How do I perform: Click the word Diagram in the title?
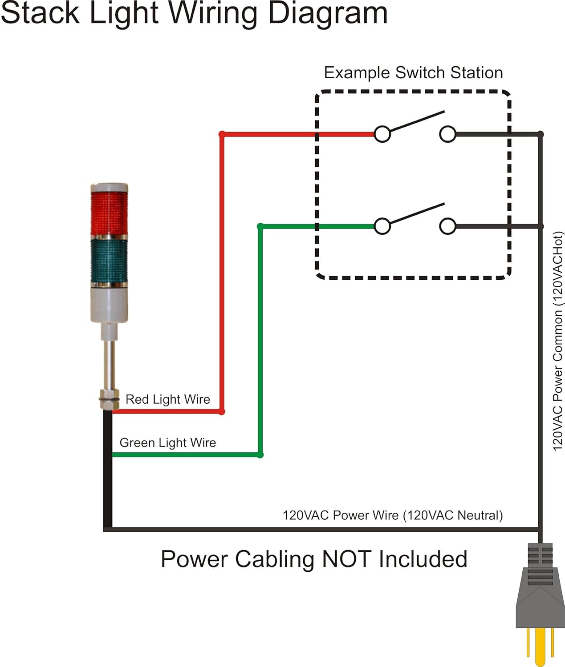(328, 13)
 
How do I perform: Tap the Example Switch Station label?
(413, 72)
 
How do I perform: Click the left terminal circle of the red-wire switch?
(382, 134)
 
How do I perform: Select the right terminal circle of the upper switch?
(447, 134)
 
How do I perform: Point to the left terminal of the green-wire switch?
(382, 226)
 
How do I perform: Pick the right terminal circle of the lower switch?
(447, 226)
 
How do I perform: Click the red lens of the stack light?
(109, 213)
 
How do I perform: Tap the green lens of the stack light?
(109, 261)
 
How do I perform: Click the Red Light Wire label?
(167, 399)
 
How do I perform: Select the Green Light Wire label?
(167, 442)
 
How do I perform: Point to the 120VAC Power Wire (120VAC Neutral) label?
(392, 515)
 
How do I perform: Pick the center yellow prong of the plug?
(540, 645)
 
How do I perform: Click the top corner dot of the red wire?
(222, 134)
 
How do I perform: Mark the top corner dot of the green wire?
(260, 226)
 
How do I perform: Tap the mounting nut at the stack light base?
(109, 399)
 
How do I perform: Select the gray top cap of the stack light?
(109, 187)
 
